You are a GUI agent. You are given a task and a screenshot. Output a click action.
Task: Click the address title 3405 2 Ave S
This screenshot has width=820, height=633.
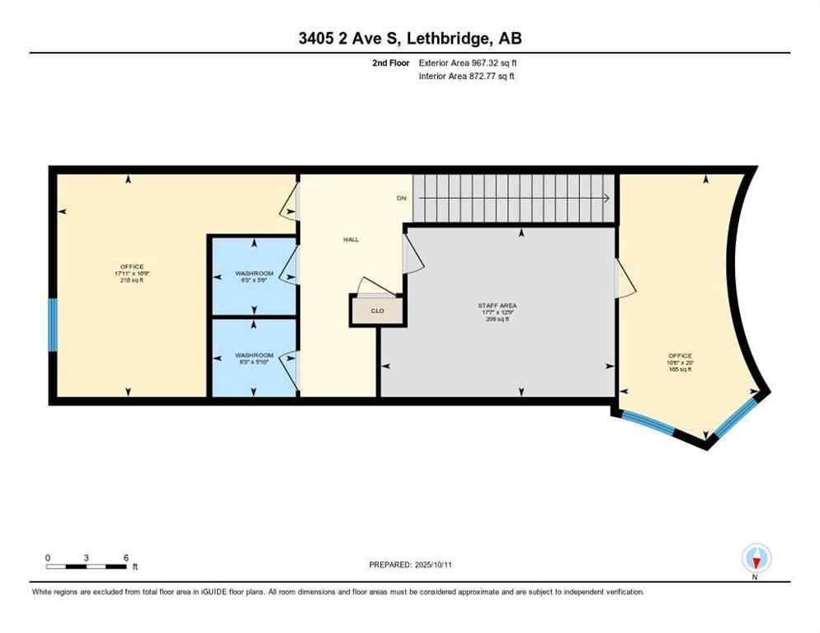(x=409, y=38)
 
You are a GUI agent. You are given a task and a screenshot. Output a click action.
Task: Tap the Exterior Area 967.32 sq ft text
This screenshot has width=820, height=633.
(x=468, y=63)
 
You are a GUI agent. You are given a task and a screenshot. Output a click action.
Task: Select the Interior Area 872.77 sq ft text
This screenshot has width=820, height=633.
(x=467, y=77)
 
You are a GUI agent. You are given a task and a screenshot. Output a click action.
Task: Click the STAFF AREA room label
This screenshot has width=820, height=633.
(x=497, y=312)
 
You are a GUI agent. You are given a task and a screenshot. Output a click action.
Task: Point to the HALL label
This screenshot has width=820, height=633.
(x=351, y=240)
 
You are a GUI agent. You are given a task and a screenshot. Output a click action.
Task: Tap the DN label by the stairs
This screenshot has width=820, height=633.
(x=401, y=199)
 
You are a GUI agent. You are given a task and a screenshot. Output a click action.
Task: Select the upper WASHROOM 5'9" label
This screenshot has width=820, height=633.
(x=254, y=276)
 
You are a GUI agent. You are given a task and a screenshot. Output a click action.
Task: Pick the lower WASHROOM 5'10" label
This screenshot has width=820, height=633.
(x=254, y=359)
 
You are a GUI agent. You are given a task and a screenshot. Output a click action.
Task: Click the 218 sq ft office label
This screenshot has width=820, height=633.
(x=132, y=274)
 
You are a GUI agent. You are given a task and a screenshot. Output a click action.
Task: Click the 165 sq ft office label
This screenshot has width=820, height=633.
(x=680, y=363)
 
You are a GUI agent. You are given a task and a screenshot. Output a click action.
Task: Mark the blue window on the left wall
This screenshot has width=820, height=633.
(x=52, y=325)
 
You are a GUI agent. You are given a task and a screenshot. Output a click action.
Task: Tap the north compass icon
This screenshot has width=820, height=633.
(x=756, y=559)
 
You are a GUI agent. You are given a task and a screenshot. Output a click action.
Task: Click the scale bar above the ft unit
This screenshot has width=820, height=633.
(x=87, y=566)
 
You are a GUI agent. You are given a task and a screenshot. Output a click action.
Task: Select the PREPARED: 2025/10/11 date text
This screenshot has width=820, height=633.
(x=411, y=565)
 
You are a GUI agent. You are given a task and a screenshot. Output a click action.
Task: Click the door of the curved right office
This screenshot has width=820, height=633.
(x=625, y=277)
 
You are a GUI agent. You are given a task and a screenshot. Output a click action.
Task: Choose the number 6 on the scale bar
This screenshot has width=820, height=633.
(x=126, y=557)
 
